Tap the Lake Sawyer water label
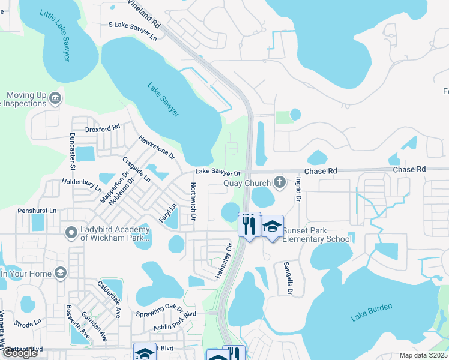(x=163, y=99)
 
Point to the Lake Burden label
(x=372, y=312)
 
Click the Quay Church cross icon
(x=279, y=181)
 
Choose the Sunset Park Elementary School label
(x=317, y=235)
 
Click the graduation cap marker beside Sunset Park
(x=273, y=226)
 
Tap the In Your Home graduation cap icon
(x=60, y=274)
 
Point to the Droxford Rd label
(x=103, y=127)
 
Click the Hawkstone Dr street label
(x=156, y=147)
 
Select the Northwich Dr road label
(x=193, y=201)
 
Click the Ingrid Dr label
(x=298, y=189)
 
